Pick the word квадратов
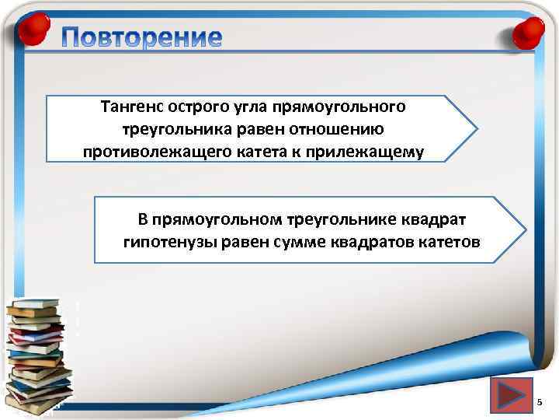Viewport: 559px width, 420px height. pos(378,242)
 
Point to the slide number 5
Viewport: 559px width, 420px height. pos(541,401)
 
